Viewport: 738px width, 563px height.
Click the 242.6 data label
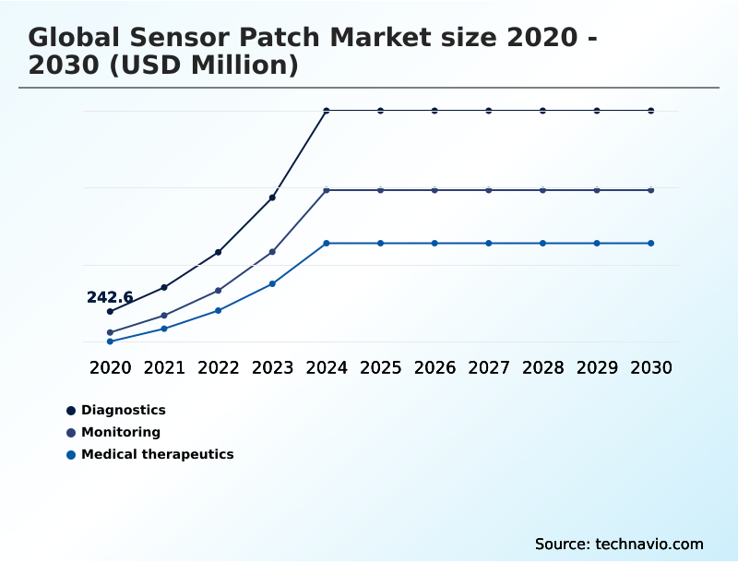110,297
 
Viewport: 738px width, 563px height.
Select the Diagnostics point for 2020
110,312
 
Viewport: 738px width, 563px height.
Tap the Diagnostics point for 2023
272,198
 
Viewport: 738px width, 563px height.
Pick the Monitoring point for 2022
218,291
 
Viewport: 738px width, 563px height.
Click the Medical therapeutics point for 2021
164,329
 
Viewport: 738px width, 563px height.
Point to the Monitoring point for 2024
327,190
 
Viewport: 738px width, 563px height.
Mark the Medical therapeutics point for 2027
489,244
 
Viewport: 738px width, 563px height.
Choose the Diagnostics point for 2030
651,111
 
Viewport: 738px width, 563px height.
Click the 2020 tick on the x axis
110,367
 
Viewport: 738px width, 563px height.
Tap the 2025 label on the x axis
380,367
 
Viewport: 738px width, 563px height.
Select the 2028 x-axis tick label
542,367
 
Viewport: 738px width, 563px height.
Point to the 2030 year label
651,367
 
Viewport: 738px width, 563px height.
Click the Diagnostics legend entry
123,410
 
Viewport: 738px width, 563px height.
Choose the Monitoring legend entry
120,432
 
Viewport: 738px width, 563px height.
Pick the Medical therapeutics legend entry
157,454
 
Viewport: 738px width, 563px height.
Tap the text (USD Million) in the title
209,66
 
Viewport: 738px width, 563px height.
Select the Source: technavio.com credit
619,544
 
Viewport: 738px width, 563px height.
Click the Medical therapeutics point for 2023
272,283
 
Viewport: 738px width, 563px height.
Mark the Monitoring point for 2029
597,190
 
